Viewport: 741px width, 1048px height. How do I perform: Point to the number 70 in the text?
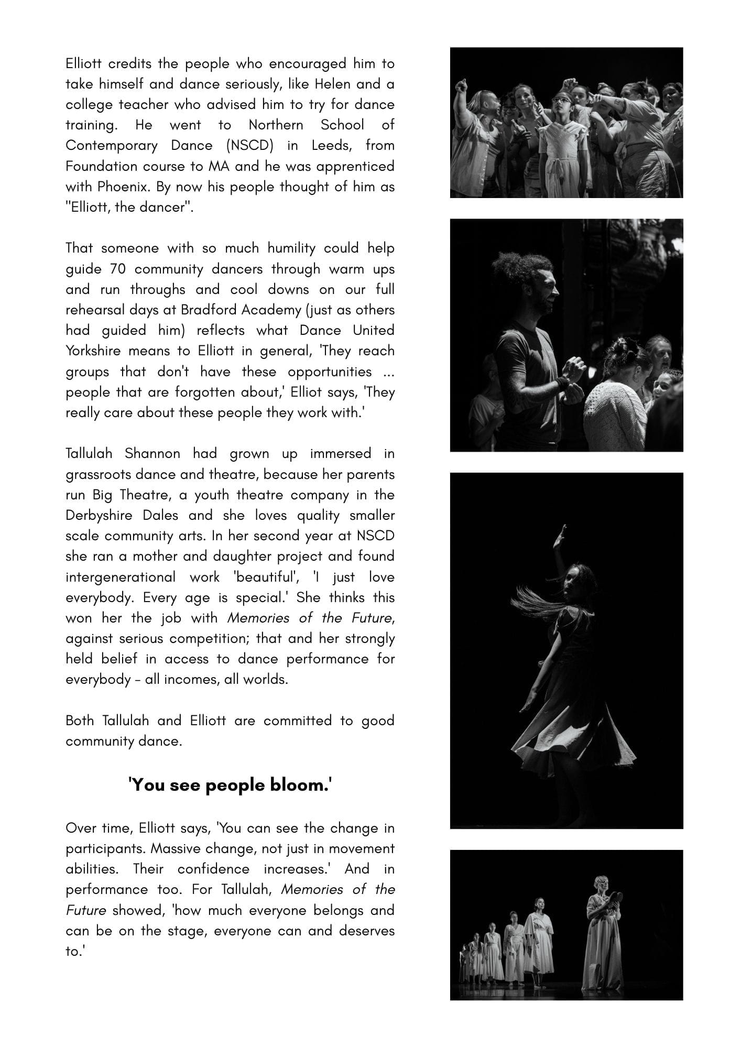(118, 269)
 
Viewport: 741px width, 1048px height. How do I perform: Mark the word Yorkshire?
(93, 351)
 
